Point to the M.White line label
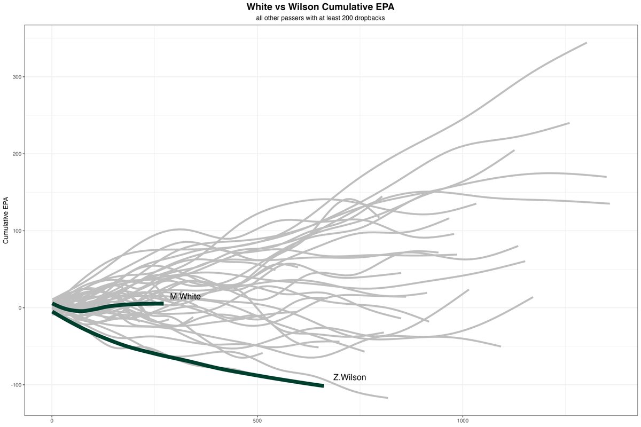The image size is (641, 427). click(x=185, y=296)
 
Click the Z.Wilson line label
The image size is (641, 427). click(x=349, y=377)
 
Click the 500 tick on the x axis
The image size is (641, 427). click(x=257, y=420)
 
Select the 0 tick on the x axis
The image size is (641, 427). click(x=52, y=420)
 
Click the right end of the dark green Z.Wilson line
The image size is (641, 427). click(x=323, y=385)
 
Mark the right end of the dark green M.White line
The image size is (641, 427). click(x=163, y=303)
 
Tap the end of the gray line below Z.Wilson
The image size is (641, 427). click(x=387, y=398)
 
